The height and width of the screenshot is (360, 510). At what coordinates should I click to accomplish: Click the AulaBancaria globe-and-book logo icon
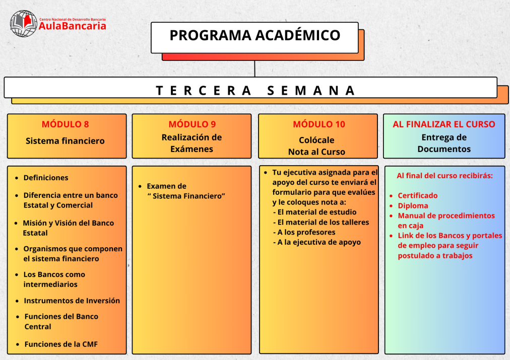point(24,23)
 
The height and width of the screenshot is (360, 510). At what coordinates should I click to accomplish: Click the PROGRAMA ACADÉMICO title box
point(254,36)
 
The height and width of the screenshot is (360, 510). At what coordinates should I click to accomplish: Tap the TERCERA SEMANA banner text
point(256,91)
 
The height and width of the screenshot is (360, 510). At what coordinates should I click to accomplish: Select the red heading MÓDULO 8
point(65,124)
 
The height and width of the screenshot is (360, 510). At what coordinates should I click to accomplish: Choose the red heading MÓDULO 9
point(192,124)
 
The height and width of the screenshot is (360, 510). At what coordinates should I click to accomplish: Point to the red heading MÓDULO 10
point(318,124)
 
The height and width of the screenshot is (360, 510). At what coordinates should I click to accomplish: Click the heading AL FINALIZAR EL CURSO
point(444,124)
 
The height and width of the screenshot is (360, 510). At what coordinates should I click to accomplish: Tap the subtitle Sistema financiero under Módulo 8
point(65,141)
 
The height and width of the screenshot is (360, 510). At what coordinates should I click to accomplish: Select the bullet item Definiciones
point(45,178)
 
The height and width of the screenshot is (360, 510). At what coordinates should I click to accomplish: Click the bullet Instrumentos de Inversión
point(72,301)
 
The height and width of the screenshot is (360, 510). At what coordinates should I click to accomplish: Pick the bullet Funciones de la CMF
point(60,344)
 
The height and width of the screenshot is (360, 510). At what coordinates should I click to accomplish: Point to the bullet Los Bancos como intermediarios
point(54,279)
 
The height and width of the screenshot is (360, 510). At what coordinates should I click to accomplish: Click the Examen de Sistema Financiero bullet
point(184,191)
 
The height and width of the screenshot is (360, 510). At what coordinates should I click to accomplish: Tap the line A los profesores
point(306,232)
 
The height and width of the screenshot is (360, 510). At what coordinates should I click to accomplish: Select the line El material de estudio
point(316,212)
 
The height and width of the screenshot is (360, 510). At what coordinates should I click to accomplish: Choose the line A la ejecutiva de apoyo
point(319,242)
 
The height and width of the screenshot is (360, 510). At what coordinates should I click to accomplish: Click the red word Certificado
point(417,195)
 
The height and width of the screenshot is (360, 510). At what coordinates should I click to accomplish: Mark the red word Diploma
point(413,205)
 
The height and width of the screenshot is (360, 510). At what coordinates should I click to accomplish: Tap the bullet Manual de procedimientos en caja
point(445,221)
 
